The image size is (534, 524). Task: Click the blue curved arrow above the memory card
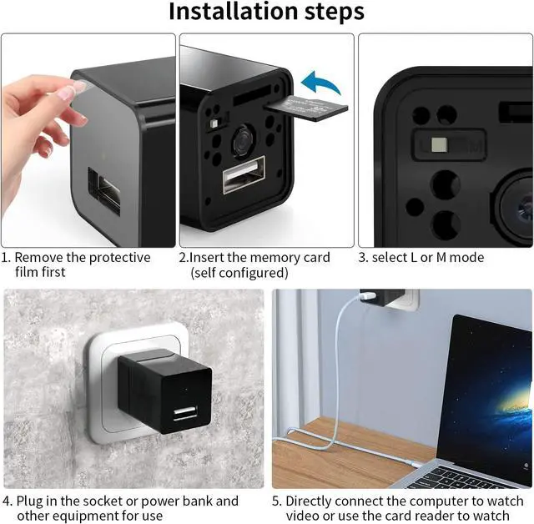tap(320, 83)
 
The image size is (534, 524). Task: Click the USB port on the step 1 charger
tap(105, 192)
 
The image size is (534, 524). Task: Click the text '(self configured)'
tap(239, 273)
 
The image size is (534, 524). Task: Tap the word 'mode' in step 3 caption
tap(466, 258)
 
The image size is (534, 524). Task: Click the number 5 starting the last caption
tap(276, 501)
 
